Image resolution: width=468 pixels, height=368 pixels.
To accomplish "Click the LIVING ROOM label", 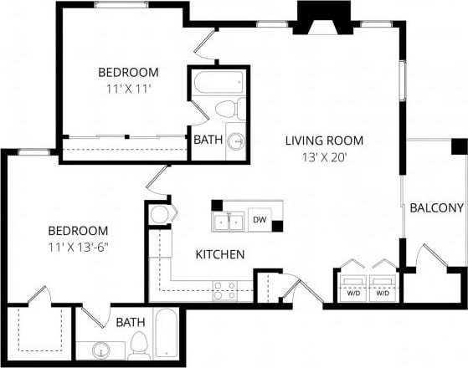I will [324, 141].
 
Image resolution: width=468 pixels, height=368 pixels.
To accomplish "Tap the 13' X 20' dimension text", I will [324, 156].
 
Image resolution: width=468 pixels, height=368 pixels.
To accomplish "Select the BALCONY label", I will [436, 208].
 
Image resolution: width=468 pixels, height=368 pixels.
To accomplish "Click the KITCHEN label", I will [219, 254].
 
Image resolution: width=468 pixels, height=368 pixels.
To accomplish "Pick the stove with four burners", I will [224, 290].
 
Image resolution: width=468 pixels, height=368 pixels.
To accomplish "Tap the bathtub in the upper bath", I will [219, 83].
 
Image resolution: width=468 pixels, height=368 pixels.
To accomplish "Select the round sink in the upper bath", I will [236, 141].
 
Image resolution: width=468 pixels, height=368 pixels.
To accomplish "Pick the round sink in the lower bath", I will [102, 350].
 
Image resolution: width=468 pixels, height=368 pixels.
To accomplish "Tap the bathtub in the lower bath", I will [167, 336].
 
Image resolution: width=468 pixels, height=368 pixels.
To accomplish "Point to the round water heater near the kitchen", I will [158, 214].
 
